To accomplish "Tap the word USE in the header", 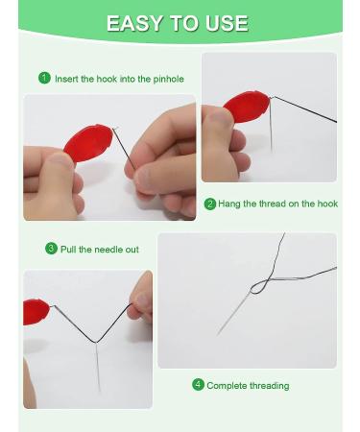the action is pyautogui.click(x=227, y=23).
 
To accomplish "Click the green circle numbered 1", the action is pyautogui.click(x=44, y=78).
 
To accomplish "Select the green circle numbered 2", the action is pyautogui.click(x=210, y=204).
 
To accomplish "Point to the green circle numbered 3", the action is pyautogui.click(x=51, y=249).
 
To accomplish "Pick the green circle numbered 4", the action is pyautogui.click(x=198, y=384).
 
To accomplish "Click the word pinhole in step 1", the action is pyautogui.click(x=168, y=79).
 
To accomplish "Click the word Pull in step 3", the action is pyautogui.click(x=68, y=250).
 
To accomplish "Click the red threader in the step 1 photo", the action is pyautogui.click(x=88, y=143).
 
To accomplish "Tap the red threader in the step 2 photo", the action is pyautogui.click(x=247, y=107).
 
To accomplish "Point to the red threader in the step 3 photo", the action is pyautogui.click(x=36, y=312).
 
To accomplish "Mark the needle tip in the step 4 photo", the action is pyautogui.click(x=218, y=335).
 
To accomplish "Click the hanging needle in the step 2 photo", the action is pyautogui.click(x=271, y=125).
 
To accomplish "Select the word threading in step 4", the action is pyautogui.click(x=269, y=386).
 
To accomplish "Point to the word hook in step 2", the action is pyautogui.click(x=327, y=204).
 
